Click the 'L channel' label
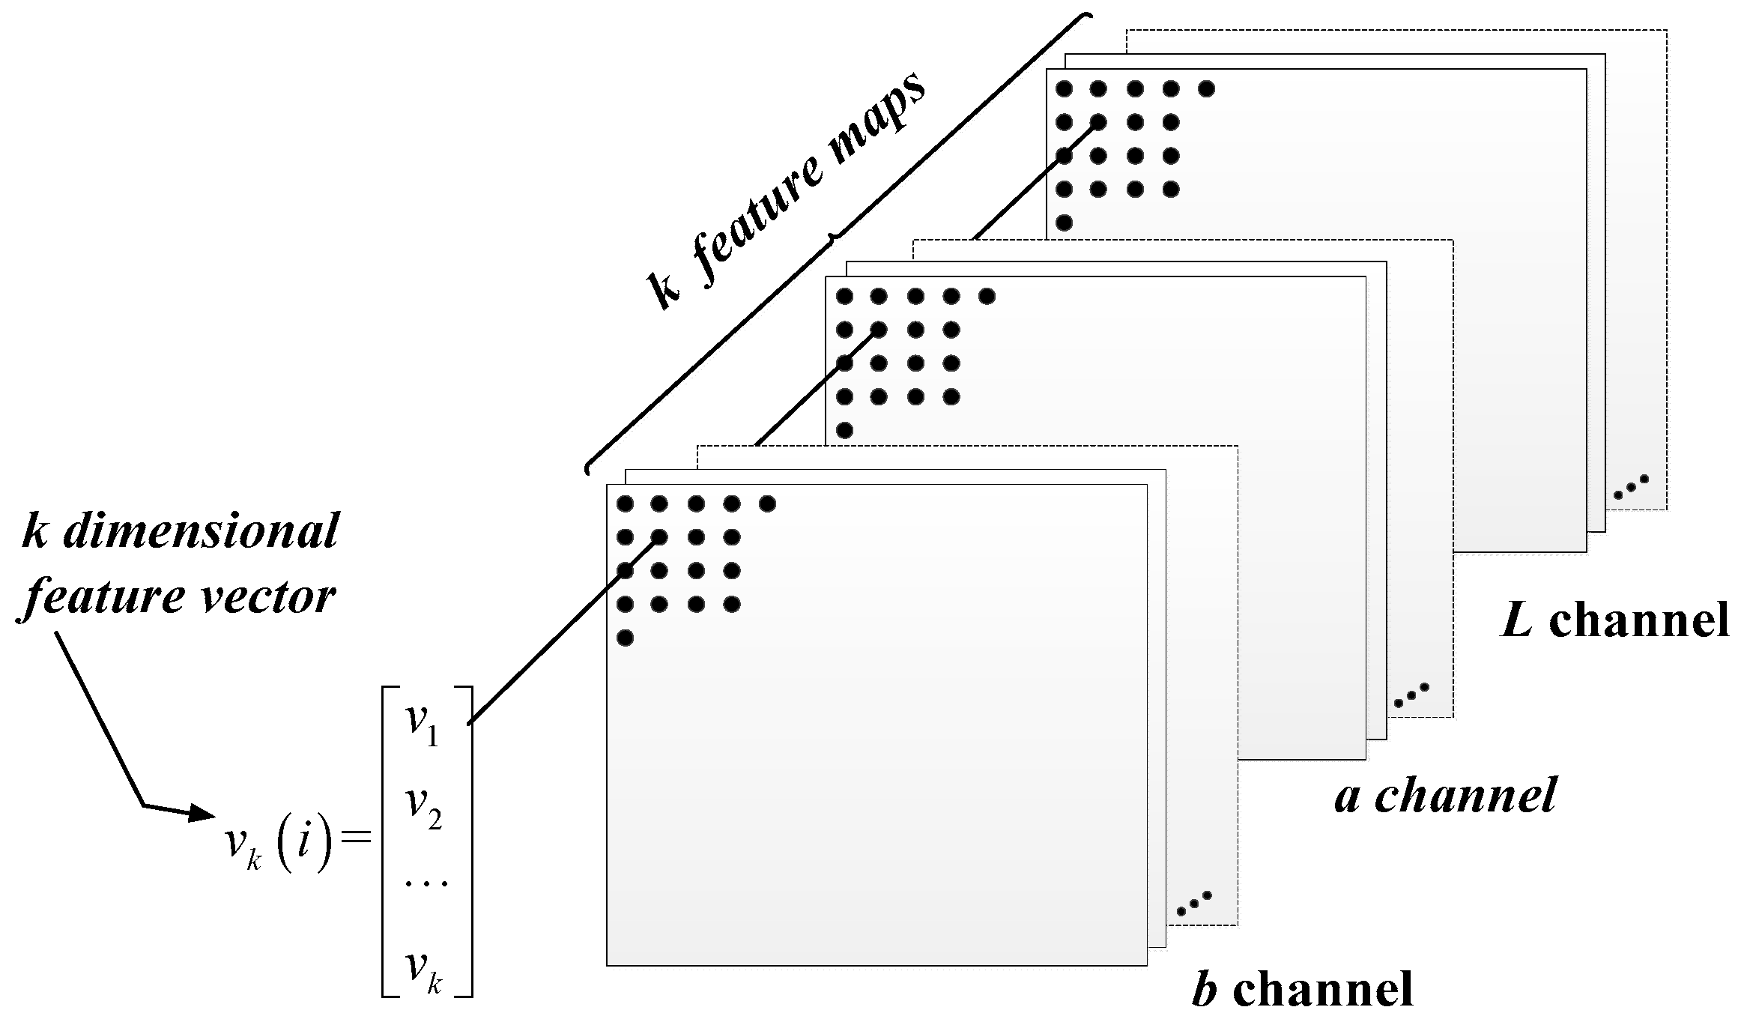click(x=1615, y=621)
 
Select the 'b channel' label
click(x=1303, y=988)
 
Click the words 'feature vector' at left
click(x=180, y=597)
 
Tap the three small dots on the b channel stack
click(x=1193, y=904)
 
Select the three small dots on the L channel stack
click(x=1631, y=487)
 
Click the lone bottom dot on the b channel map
click(x=626, y=638)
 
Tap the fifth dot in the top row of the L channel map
click(x=1206, y=89)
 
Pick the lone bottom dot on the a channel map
click(x=844, y=430)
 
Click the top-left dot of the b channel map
click(x=626, y=504)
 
